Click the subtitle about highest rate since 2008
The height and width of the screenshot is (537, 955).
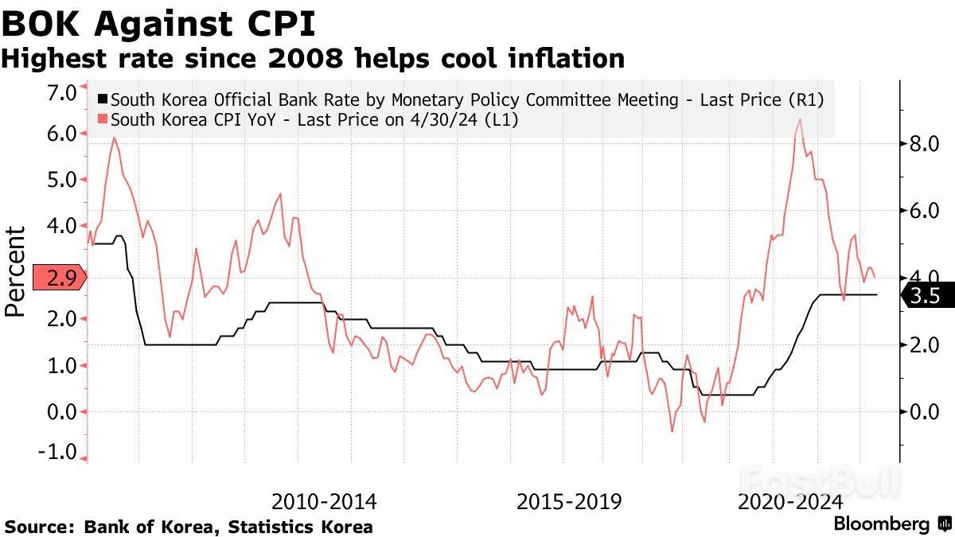click(x=313, y=58)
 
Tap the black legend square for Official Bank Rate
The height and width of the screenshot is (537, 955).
click(x=102, y=100)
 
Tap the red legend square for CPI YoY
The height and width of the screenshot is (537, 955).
click(x=102, y=119)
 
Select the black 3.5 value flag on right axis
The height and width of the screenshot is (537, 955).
click(x=923, y=297)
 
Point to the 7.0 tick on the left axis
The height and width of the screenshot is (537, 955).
click(x=61, y=93)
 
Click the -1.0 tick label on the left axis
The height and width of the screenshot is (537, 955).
click(x=60, y=452)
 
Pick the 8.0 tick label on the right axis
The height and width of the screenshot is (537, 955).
click(x=924, y=145)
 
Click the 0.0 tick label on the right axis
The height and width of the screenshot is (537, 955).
click(x=924, y=411)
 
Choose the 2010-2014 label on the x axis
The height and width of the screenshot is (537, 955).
click(x=324, y=502)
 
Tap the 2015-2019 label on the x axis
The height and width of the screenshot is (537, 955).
click(x=569, y=502)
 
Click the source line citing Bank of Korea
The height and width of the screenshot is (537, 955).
click(x=189, y=526)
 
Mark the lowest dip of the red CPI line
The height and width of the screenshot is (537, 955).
click(x=672, y=431)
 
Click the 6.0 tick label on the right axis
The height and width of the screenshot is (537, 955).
click(x=924, y=211)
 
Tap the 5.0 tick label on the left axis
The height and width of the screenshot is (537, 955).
click(x=61, y=180)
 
